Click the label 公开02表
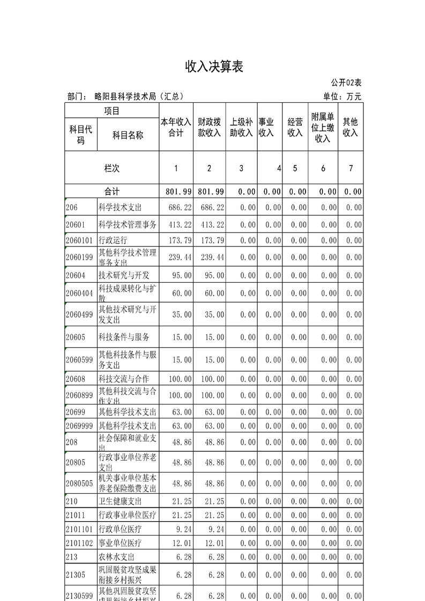346,82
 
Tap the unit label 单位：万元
342,96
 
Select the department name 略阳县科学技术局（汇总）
139,96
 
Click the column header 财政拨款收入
209,127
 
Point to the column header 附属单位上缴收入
323,127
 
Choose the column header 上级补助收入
241,127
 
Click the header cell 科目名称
128,135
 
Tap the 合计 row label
111,191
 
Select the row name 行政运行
113,240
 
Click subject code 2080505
80,483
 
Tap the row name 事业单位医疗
120,543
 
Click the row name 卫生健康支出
120,501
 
